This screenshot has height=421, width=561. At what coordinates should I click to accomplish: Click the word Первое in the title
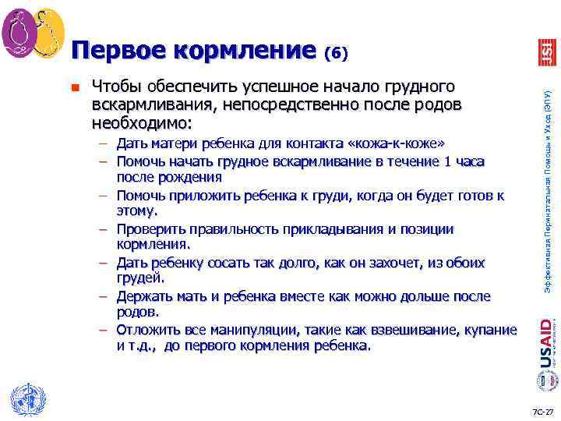click(118, 51)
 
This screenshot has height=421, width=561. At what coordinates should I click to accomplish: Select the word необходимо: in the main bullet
click(142, 123)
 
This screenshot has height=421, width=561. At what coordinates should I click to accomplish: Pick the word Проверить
click(153, 228)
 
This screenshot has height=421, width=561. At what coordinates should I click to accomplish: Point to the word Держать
click(147, 296)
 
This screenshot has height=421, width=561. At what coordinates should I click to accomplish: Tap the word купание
click(490, 330)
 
